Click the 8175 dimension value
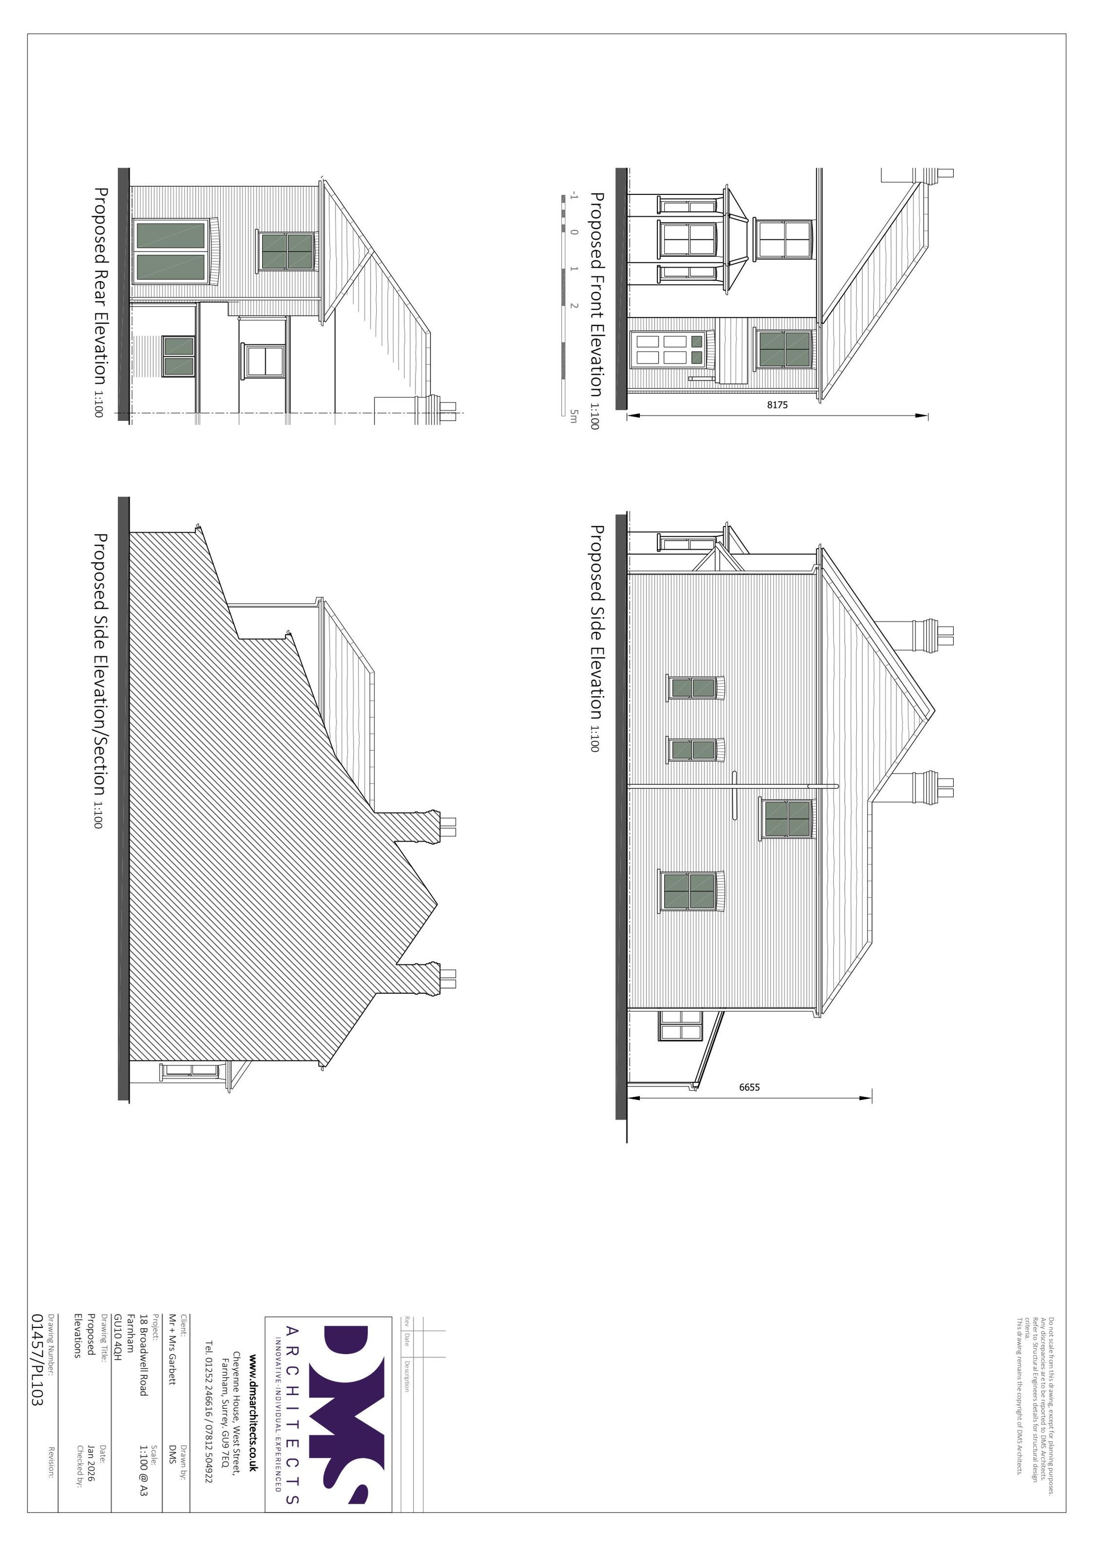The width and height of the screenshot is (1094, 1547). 777,405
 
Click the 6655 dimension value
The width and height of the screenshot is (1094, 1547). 749,1087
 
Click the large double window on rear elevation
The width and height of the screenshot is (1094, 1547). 170,251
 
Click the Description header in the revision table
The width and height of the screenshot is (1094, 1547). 407,1375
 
